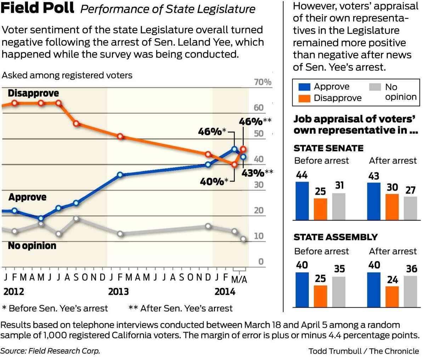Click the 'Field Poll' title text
click(x=38, y=8)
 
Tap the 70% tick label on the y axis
click(x=263, y=82)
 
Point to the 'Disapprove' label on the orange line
click(x=33, y=93)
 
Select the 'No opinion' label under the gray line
click(x=32, y=246)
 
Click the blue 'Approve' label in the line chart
click(x=27, y=197)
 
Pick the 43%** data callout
click(x=257, y=173)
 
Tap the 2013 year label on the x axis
click(x=118, y=292)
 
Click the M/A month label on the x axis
click(x=239, y=280)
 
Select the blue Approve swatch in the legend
click(x=304, y=87)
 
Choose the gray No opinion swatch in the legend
click(x=375, y=87)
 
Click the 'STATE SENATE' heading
click(x=328, y=148)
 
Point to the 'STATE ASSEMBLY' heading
click(x=335, y=237)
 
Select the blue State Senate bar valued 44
click(x=302, y=201)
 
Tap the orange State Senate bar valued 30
click(x=392, y=207)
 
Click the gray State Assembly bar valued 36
click(x=410, y=291)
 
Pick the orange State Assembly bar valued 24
click(x=392, y=296)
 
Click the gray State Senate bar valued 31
click(x=339, y=207)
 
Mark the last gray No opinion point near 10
click(x=243, y=239)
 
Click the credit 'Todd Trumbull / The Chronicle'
click(x=364, y=351)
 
